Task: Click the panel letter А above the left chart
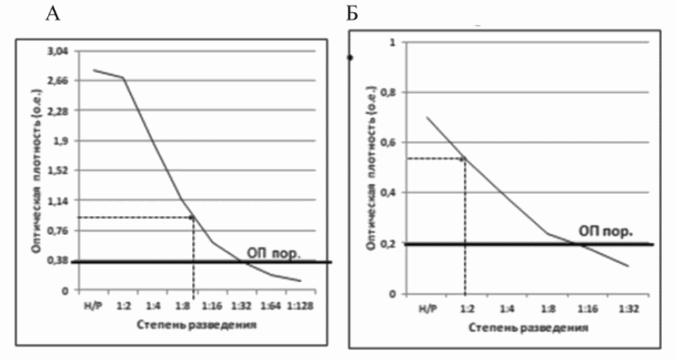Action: pos(52,13)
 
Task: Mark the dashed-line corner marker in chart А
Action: pos(193,217)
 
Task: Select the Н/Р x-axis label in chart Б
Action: pos(426,309)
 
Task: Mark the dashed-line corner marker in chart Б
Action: pos(465,158)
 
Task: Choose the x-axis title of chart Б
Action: pos(528,328)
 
